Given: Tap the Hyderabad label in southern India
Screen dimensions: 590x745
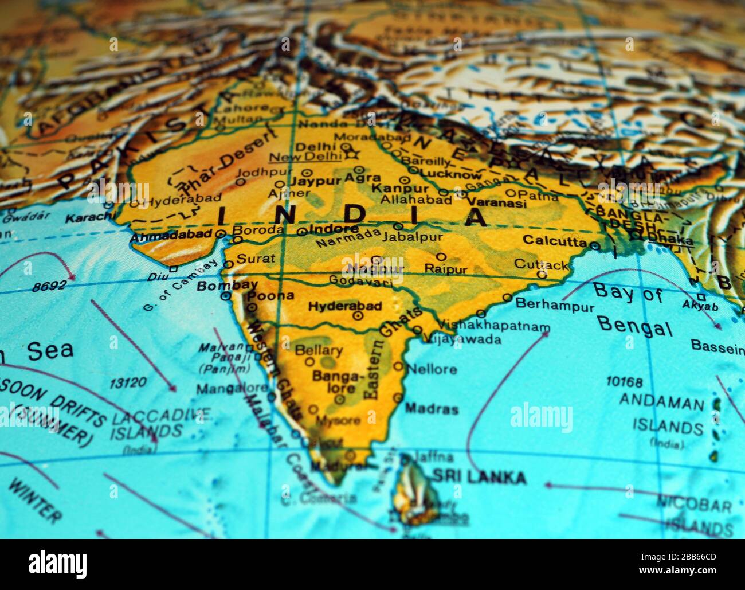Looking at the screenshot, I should [x=344, y=306].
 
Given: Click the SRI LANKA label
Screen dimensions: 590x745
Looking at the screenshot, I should [x=479, y=476].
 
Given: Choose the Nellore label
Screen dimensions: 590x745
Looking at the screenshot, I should [x=432, y=369].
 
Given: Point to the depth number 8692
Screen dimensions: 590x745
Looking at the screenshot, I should [x=49, y=286].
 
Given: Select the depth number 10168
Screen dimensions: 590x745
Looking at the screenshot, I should [x=624, y=382].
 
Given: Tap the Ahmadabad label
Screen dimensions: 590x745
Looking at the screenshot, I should [x=171, y=235].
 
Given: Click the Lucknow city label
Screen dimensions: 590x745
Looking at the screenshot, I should [x=451, y=175].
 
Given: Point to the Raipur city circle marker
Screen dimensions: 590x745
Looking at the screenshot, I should [x=441, y=256].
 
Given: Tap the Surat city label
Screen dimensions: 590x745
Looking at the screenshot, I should [x=256, y=259].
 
